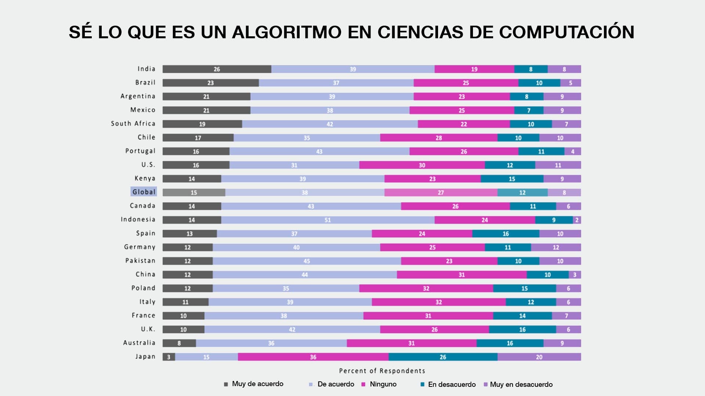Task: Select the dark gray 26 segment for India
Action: [217, 69]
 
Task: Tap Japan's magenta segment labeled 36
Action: [313, 357]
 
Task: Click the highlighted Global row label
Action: [144, 192]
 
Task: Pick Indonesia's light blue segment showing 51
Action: [328, 220]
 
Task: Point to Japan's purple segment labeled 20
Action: [539, 357]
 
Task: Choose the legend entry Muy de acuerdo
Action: [257, 384]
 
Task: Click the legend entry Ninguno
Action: [383, 384]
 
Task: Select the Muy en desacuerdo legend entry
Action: [521, 384]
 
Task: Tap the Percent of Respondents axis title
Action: [382, 371]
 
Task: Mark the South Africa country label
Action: [133, 124]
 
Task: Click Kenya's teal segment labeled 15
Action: [512, 179]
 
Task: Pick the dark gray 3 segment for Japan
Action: [169, 357]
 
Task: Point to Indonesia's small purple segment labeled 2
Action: [577, 220]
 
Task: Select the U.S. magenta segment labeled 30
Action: [422, 165]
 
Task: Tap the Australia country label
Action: [139, 343]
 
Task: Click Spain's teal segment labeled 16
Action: [506, 234]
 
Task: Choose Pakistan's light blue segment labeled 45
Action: [307, 261]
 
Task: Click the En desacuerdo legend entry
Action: [451, 384]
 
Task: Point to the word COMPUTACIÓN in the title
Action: [566, 32]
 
